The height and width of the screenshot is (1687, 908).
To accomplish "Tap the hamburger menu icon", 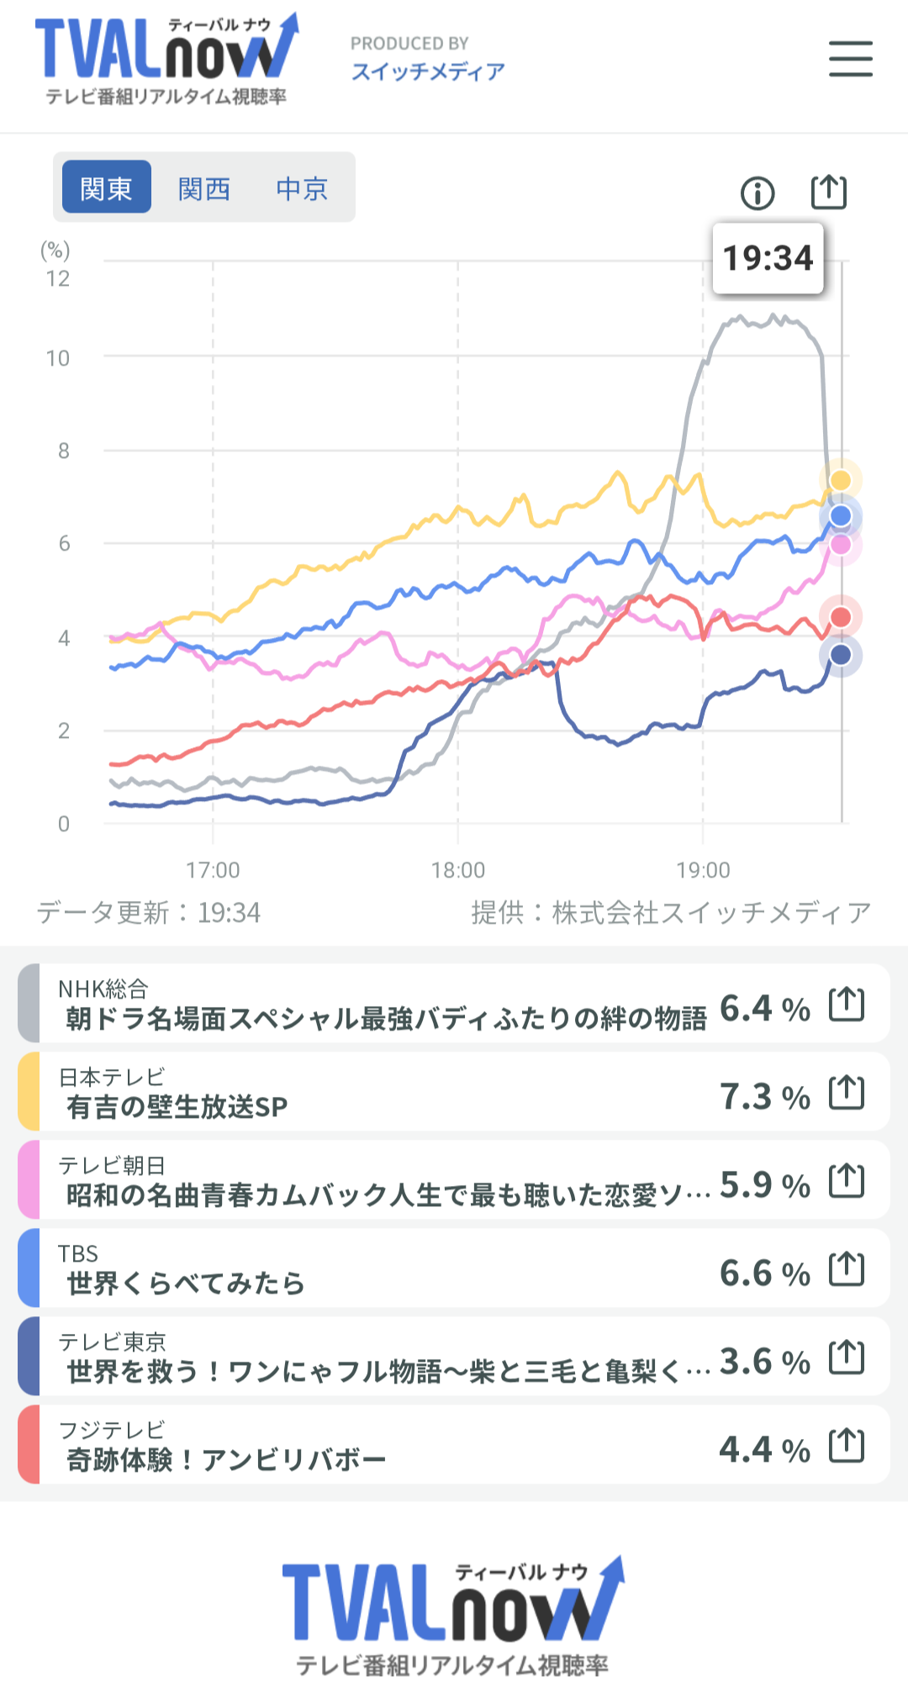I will pyautogui.click(x=850, y=59).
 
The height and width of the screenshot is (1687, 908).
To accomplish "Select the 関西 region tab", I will pyautogui.click(x=204, y=188).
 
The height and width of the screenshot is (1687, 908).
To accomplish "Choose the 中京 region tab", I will pyautogui.click(x=302, y=188).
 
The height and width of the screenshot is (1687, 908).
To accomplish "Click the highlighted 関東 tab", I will pyautogui.click(x=107, y=188).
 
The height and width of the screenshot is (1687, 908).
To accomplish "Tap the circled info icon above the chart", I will pyautogui.click(x=758, y=193).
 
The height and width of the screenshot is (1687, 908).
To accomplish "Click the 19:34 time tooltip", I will pyautogui.click(x=768, y=258).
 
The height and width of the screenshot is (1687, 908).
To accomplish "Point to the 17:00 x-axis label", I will pyautogui.click(x=213, y=870).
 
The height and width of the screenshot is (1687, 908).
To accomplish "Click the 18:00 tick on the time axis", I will pyautogui.click(x=458, y=870).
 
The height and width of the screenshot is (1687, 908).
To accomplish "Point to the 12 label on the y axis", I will pyautogui.click(x=58, y=279).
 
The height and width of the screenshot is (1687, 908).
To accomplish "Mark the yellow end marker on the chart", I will pyautogui.click(x=841, y=480).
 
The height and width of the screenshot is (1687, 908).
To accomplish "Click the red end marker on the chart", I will pyautogui.click(x=841, y=617).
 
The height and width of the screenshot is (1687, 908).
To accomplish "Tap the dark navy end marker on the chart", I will pyautogui.click(x=841, y=655).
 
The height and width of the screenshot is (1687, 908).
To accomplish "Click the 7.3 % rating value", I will pyautogui.click(x=764, y=1097).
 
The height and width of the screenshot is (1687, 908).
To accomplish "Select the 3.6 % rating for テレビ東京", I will pyautogui.click(x=764, y=1362).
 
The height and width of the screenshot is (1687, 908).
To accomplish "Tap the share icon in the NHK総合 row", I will pyautogui.click(x=847, y=1004).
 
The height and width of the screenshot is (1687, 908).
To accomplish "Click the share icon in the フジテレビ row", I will pyautogui.click(x=847, y=1446).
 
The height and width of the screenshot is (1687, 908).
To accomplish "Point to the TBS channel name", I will pyautogui.click(x=78, y=1254).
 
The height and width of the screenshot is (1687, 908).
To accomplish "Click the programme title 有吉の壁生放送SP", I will pyautogui.click(x=177, y=1107).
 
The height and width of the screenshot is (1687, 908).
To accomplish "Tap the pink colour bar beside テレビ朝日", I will pyautogui.click(x=28, y=1179).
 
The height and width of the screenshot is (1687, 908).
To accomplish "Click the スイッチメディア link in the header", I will pyautogui.click(x=428, y=72).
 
